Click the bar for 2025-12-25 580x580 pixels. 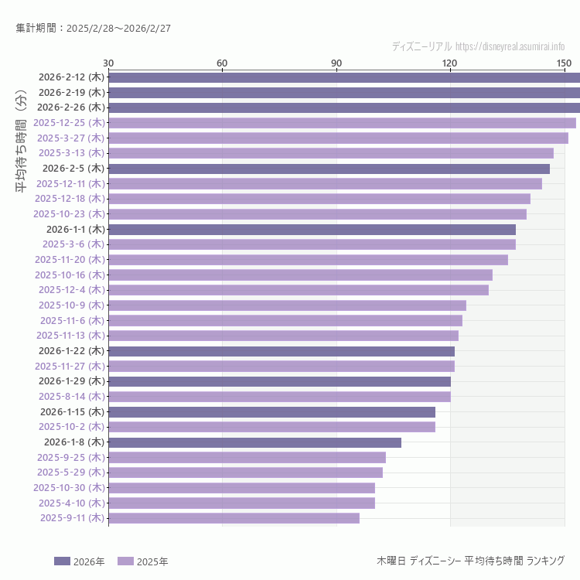[x=342, y=122]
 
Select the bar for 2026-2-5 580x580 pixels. [x=329, y=168]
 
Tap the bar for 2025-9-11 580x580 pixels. [x=234, y=518]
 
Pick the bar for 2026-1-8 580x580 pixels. [x=254, y=442]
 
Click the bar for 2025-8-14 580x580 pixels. [x=279, y=397]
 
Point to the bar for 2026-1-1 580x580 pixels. [x=312, y=229]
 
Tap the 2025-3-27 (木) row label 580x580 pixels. [x=71, y=138]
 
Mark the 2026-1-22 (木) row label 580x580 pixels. [x=71, y=350]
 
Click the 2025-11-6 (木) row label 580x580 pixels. [x=72, y=320]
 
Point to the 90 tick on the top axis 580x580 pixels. [x=336, y=63]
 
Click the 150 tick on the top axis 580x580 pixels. [x=564, y=63]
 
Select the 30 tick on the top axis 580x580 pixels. [x=108, y=63]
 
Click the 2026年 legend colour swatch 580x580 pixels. [x=62, y=561]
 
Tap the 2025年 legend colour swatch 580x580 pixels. [x=125, y=561]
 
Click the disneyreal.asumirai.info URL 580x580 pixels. [x=510, y=47]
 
